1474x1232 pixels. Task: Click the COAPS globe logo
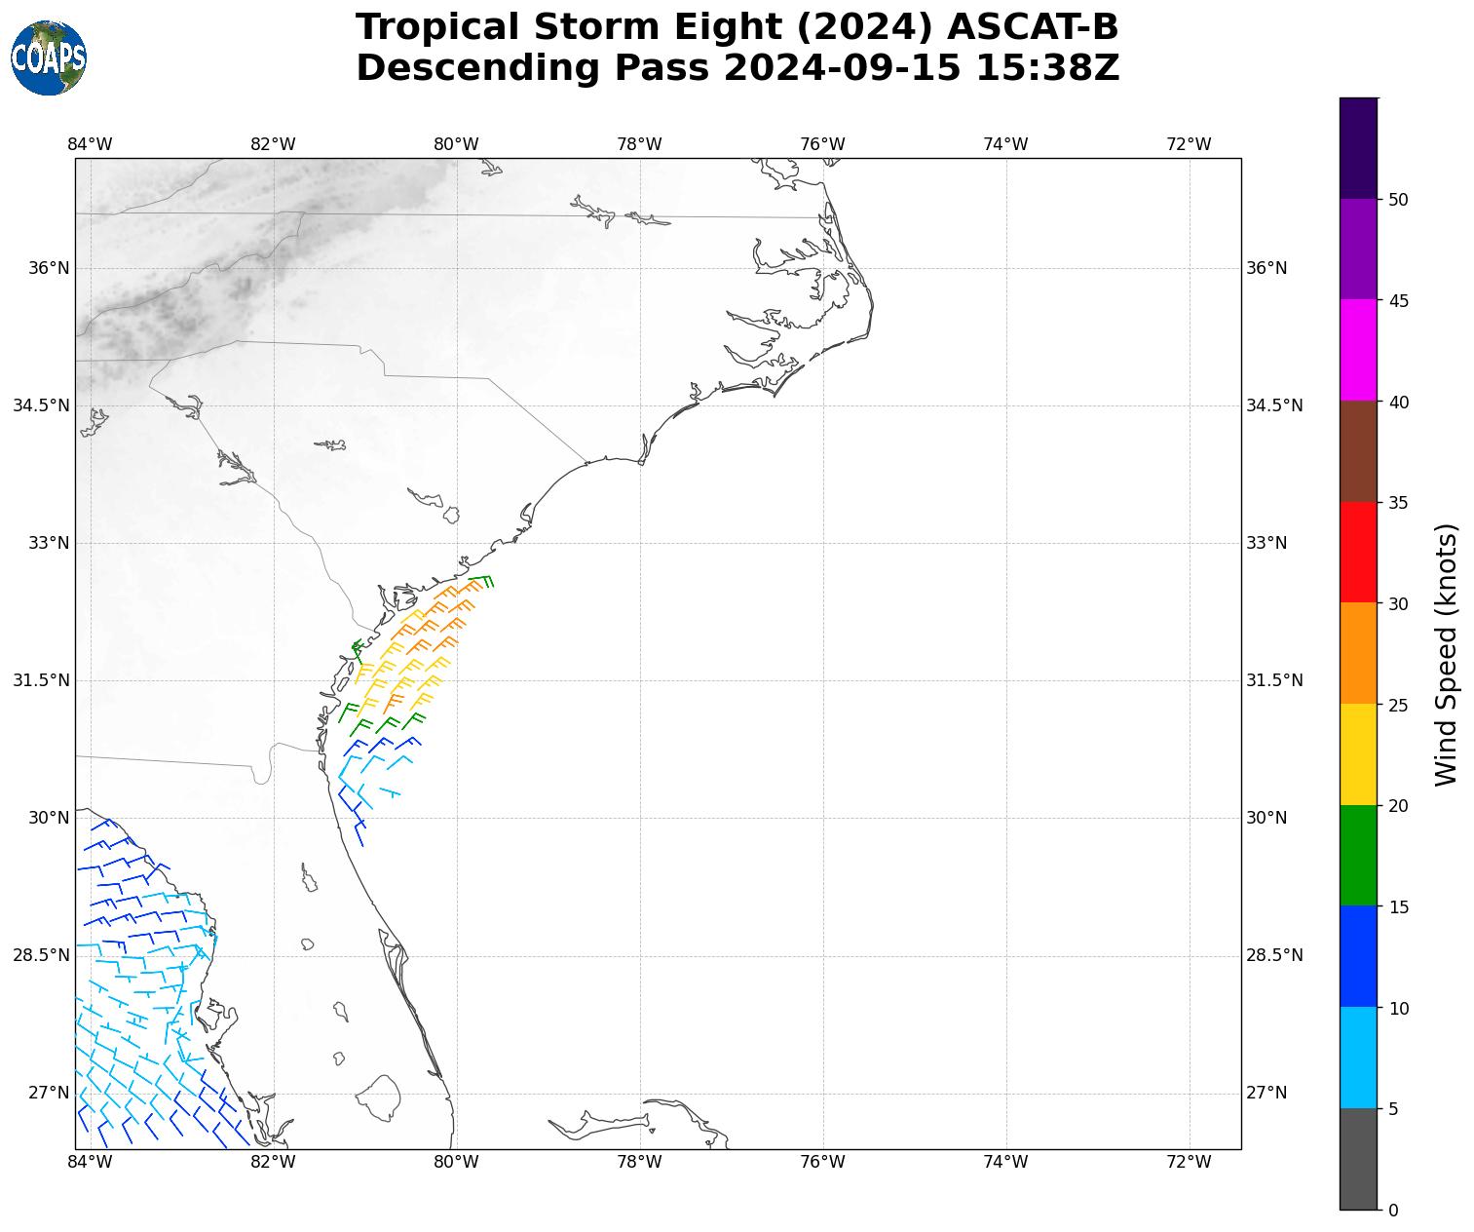(48, 58)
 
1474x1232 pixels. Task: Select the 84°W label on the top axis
(90, 144)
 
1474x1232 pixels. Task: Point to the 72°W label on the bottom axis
(1189, 1162)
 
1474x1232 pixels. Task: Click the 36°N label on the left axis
(49, 268)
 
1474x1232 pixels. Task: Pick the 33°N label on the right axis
(1266, 543)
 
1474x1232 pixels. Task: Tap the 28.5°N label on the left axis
(41, 955)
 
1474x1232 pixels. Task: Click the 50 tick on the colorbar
(1398, 200)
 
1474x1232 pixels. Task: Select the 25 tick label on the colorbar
(1398, 705)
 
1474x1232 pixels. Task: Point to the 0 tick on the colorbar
(1393, 1210)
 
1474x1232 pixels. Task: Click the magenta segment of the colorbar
(1358, 350)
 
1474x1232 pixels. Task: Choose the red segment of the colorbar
(1358, 552)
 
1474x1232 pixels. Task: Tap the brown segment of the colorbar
(1358, 451)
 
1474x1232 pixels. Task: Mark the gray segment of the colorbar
(1358, 1159)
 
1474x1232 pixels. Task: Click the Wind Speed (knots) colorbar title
(1447, 654)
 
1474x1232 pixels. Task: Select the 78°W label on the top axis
(639, 144)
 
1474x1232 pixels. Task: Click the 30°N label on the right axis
(1266, 818)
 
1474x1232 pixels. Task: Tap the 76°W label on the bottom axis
(822, 1162)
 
